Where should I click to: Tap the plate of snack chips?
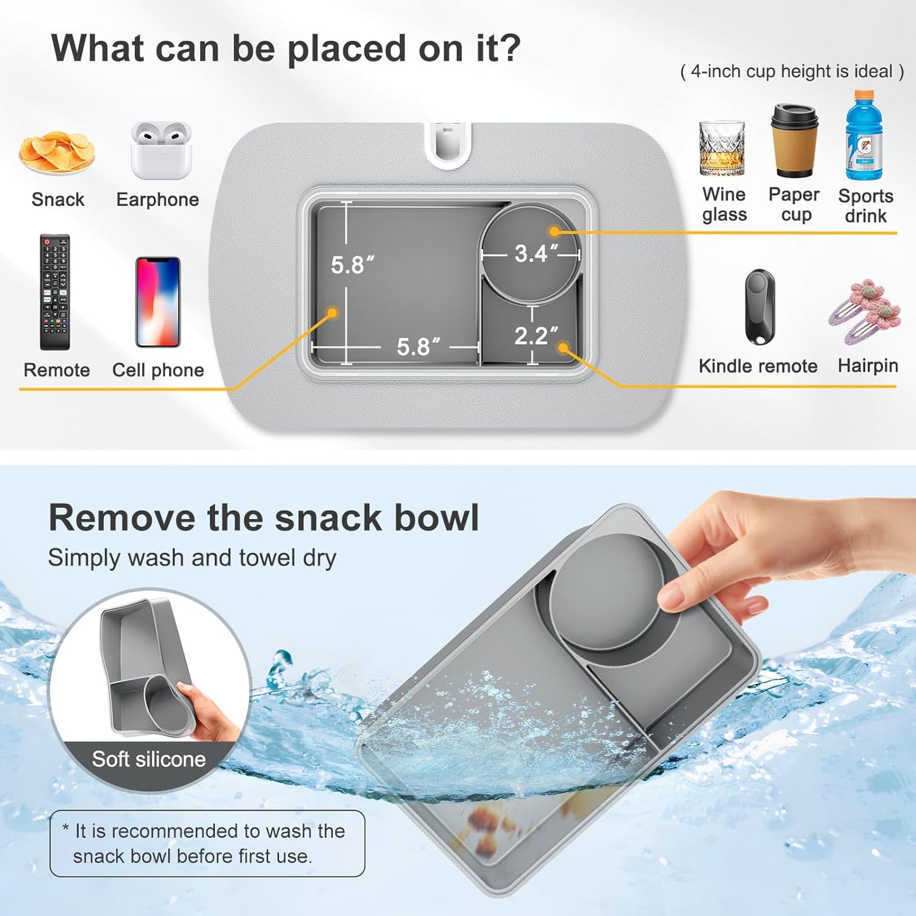coord(57,153)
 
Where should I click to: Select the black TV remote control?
coord(55,292)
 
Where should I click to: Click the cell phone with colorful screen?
coord(158,302)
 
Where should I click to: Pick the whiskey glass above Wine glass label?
coord(722,148)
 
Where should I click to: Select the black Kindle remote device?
coord(759,307)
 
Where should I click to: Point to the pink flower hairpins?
coord(865,311)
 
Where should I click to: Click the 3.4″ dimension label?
coord(536,254)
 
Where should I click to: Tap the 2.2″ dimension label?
coord(536,335)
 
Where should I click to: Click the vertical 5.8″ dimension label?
coord(352,264)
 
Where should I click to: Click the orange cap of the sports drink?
coord(863,96)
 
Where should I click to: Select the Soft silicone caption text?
coord(149,759)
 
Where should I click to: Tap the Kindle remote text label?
coord(758,366)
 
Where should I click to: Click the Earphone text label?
coord(157,200)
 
